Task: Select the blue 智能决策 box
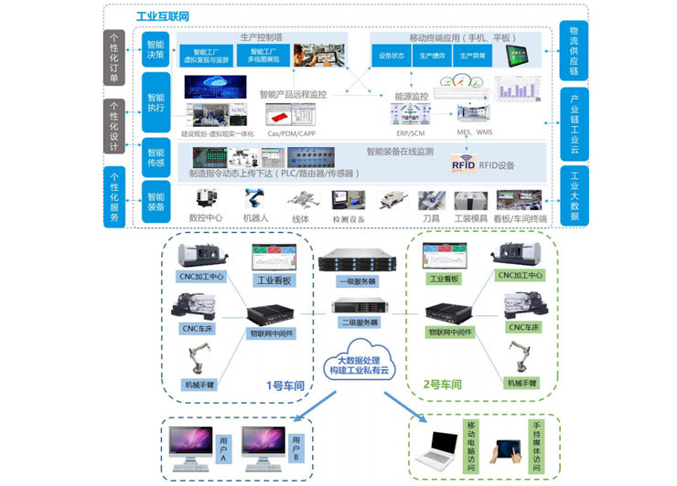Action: click(x=156, y=49)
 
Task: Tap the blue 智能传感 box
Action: click(x=156, y=156)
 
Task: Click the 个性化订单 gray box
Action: click(x=113, y=58)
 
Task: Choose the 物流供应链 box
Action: click(x=574, y=51)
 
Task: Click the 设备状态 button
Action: click(x=392, y=57)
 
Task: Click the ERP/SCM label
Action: click(x=405, y=133)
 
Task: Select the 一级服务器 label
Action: click(x=354, y=283)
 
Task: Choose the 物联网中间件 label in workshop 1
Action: click(x=272, y=333)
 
